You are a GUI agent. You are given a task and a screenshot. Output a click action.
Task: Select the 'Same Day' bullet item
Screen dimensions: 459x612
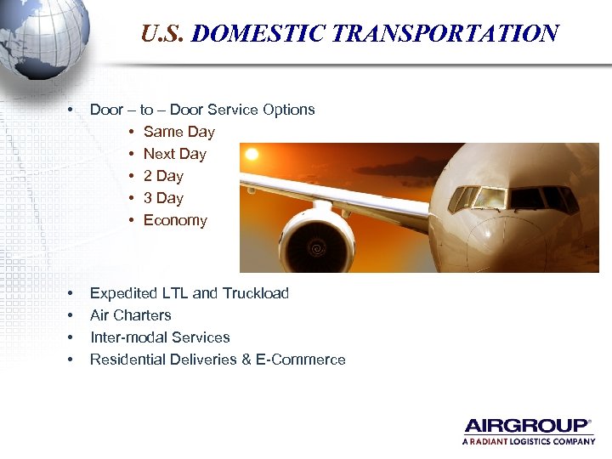tap(178, 132)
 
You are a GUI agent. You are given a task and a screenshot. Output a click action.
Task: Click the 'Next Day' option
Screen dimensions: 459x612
tap(174, 154)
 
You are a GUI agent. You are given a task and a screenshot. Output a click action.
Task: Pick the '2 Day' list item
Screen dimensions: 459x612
tap(163, 176)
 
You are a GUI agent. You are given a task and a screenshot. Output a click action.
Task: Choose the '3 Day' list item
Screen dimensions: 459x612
tap(163, 198)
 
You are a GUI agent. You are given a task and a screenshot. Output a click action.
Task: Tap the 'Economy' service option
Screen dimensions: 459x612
tap(175, 220)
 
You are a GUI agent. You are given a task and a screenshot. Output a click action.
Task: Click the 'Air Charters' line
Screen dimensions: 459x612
tap(130, 315)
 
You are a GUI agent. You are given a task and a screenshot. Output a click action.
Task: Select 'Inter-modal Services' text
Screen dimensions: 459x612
tap(160, 337)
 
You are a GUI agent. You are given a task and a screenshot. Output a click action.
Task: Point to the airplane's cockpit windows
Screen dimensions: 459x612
tap(510, 198)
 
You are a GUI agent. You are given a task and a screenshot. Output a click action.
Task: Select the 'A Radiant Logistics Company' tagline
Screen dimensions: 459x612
tap(528, 442)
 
